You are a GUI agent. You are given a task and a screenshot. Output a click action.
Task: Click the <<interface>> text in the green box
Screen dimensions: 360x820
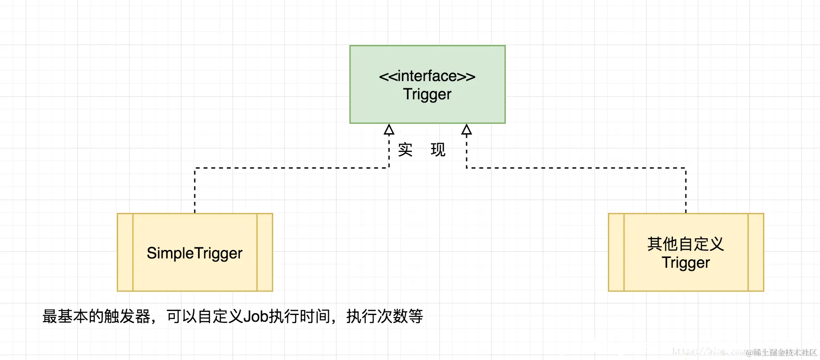click(x=427, y=76)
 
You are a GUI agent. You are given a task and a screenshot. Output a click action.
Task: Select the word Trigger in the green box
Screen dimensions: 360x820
click(x=427, y=94)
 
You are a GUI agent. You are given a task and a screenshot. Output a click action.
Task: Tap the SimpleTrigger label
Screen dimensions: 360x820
click(x=194, y=253)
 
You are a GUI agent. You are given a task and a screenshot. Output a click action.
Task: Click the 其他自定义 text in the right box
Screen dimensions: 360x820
click(x=685, y=244)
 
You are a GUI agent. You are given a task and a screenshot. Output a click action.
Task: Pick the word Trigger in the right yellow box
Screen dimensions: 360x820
click(x=685, y=263)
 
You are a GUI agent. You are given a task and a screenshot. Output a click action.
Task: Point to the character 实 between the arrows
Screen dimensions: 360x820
click(x=405, y=150)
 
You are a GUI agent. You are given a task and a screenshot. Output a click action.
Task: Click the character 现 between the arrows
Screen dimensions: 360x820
click(x=438, y=150)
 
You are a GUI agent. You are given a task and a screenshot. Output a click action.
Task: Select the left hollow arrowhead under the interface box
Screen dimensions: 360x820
click(x=389, y=130)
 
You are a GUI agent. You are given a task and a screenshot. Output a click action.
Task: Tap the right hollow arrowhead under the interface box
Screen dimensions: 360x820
click(x=467, y=130)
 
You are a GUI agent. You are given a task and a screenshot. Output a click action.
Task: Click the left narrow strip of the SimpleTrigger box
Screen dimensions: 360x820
click(x=125, y=252)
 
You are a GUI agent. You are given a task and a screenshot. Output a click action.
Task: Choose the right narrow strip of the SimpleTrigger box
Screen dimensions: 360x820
click(x=265, y=252)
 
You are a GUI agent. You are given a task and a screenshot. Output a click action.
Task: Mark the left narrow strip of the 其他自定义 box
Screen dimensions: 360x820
click(x=616, y=252)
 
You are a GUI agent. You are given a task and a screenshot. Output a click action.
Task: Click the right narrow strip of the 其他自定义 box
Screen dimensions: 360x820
click(x=756, y=252)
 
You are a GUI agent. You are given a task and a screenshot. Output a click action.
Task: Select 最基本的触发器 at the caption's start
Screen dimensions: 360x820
click(x=96, y=316)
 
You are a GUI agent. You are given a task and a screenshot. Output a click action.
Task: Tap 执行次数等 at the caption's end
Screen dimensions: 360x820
click(x=385, y=316)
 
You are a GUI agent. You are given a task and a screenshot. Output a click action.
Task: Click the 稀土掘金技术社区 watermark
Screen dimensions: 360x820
click(x=784, y=353)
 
